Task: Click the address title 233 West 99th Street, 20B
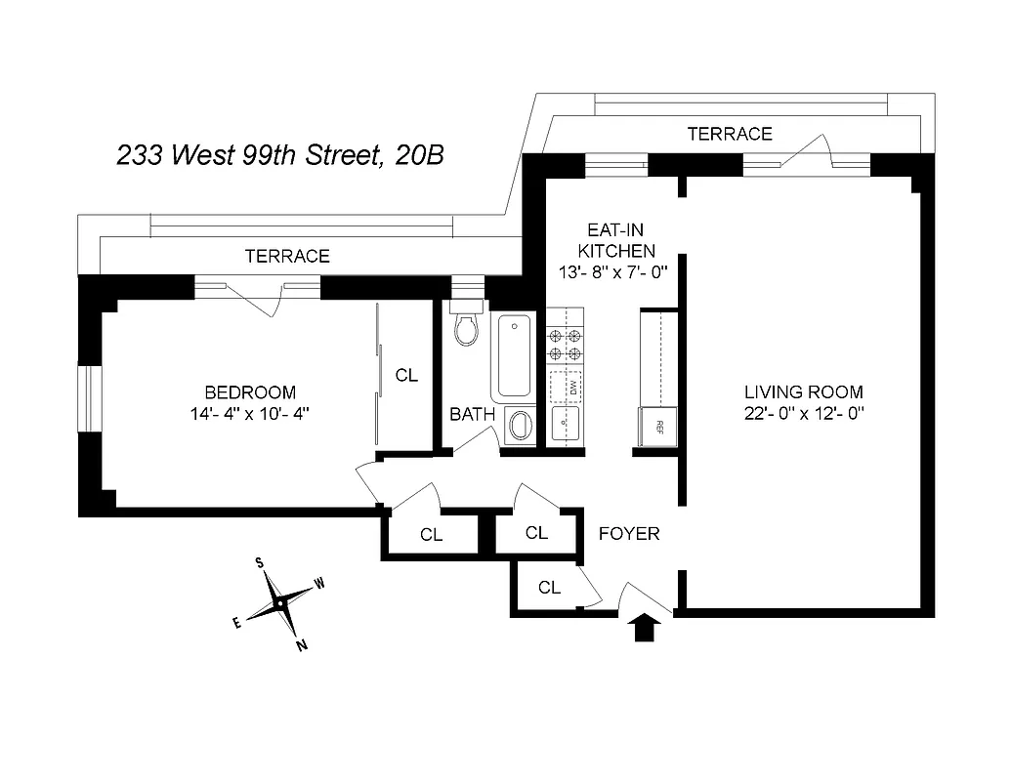tap(280, 155)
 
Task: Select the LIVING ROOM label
tap(802, 392)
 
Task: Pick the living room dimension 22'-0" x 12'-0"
tap(802, 413)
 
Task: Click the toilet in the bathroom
tap(467, 327)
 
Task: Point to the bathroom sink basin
tap(520, 426)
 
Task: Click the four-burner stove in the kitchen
tap(565, 344)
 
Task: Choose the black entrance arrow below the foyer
tap(645, 627)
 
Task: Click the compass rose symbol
tap(279, 603)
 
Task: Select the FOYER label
tap(628, 534)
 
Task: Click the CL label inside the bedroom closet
tap(406, 375)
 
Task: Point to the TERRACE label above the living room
tap(729, 134)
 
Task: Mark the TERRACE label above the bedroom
tap(287, 257)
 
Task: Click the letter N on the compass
tap(301, 643)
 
